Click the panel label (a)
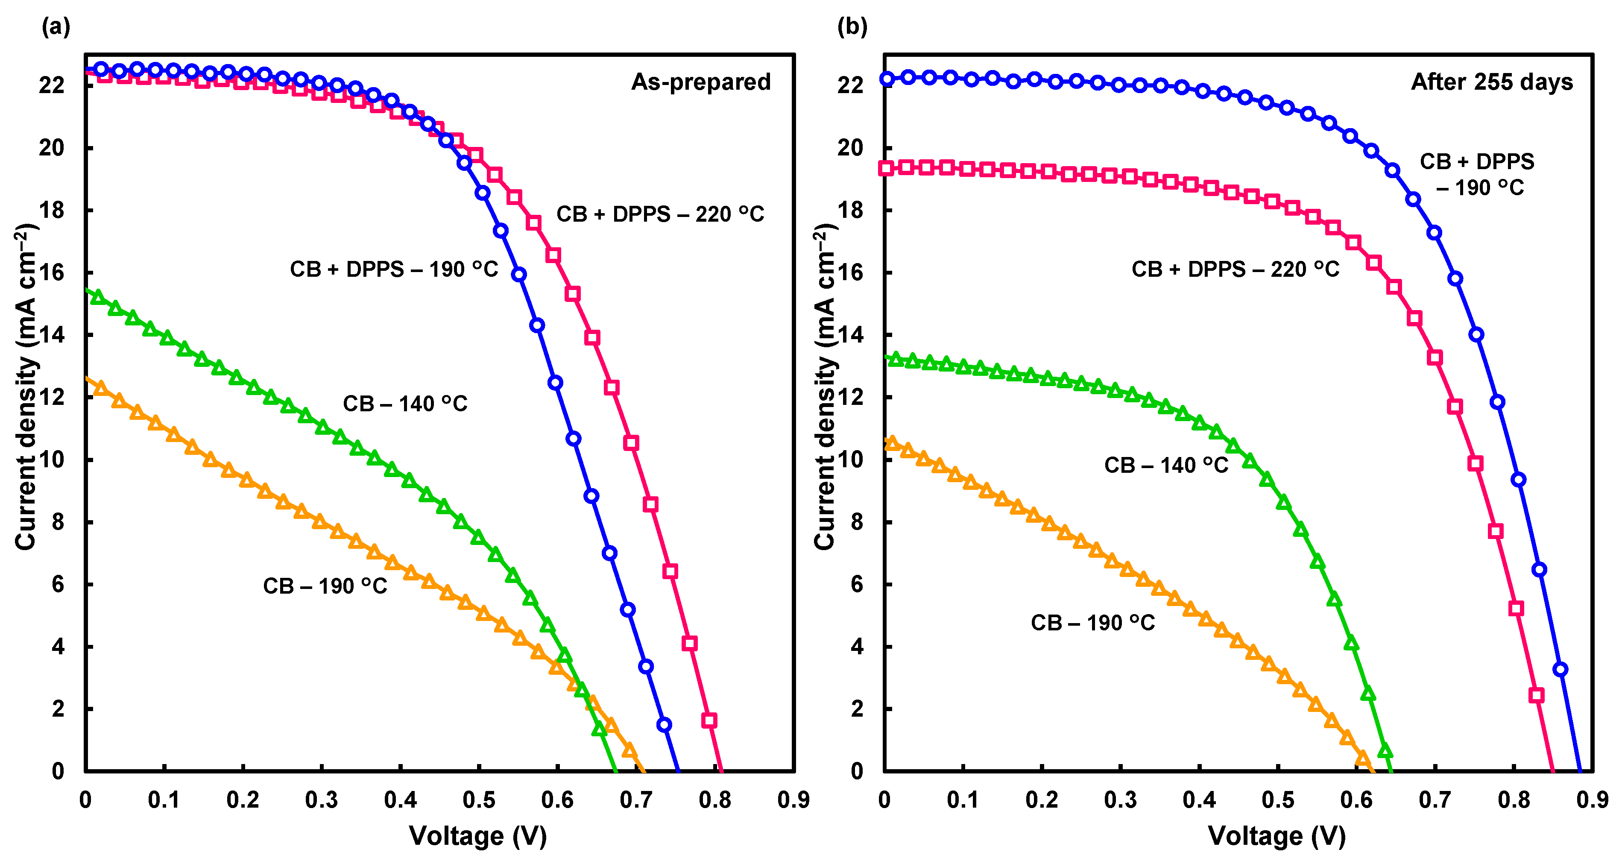(56, 26)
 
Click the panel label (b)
(852, 26)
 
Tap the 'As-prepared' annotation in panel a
(700, 82)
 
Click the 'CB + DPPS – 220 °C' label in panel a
(660, 214)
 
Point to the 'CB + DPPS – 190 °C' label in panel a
(393, 269)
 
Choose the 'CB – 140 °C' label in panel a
(405, 404)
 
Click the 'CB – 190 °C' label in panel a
(325, 586)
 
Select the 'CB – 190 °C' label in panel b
(1092, 623)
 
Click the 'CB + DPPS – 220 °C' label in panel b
(1235, 269)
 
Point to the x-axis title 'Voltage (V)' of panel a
(478, 836)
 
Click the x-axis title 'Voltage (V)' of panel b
(1277, 836)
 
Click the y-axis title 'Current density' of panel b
(824, 387)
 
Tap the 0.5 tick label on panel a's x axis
(479, 800)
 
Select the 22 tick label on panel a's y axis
(52, 85)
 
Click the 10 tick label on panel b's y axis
(850, 460)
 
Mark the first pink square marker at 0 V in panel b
(886, 168)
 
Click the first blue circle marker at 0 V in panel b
(887, 79)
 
